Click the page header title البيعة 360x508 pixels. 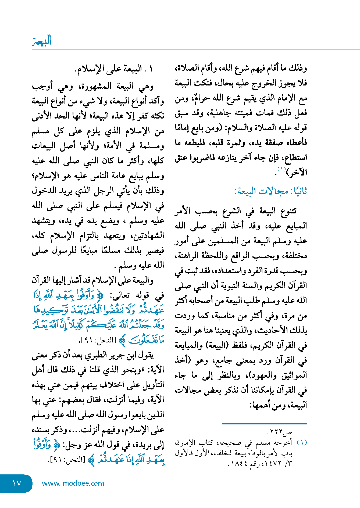[x=42, y=41]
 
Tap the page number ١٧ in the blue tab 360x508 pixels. [x=17, y=483]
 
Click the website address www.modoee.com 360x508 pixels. [x=73, y=483]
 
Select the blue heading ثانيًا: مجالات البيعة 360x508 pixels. [x=270, y=191]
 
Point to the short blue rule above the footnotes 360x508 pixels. [x=265, y=424]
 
